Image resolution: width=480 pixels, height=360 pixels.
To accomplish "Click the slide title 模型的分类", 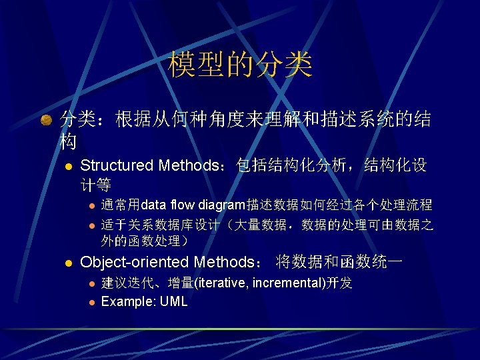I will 240,65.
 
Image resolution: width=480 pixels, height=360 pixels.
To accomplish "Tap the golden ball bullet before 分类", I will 46,121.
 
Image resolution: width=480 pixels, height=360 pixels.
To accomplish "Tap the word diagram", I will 221,205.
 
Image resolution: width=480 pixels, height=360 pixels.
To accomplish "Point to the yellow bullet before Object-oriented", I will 67,263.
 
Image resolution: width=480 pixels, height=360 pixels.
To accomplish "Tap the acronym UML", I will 173,301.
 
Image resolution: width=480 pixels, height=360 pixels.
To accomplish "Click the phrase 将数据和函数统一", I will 339,262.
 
